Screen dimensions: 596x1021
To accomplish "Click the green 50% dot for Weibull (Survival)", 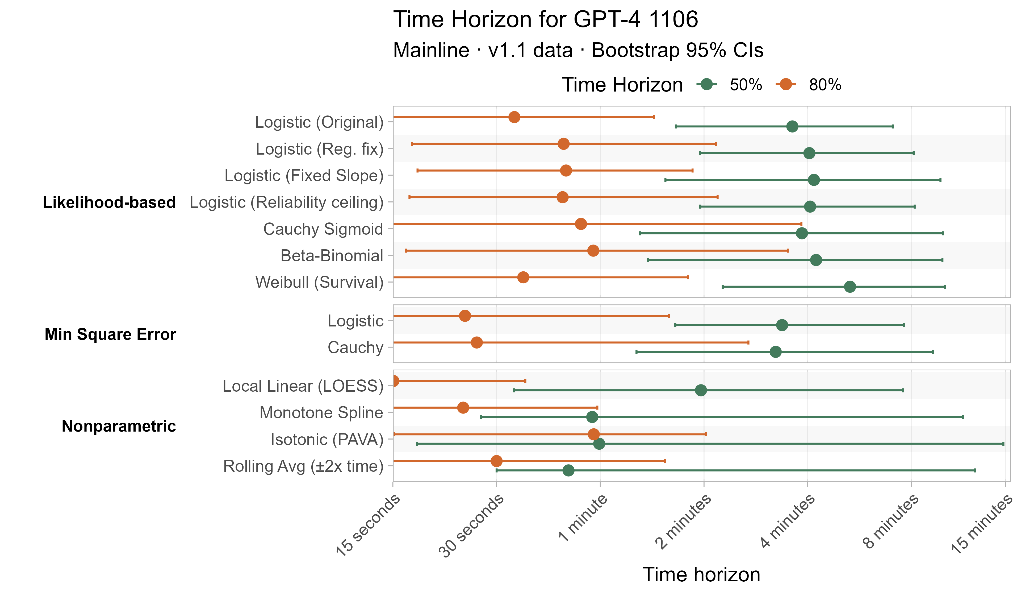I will coord(850,287).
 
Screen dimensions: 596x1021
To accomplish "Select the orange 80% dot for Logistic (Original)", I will coord(514,117).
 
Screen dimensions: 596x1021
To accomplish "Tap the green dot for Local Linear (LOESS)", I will coord(701,390).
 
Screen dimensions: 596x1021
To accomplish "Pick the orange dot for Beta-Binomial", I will coord(593,251).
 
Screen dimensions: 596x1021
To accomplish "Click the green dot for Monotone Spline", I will coord(592,417).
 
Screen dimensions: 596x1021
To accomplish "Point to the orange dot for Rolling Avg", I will coord(496,461).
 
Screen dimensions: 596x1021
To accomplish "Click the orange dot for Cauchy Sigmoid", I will coord(581,224).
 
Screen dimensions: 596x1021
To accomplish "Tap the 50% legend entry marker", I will coord(707,85).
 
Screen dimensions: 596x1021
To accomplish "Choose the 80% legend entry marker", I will coord(786,85).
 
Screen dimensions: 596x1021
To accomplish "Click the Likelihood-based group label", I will coord(109,202).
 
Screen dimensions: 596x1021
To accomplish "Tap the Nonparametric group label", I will coord(119,426).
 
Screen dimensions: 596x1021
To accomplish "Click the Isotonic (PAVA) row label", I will coord(327,440).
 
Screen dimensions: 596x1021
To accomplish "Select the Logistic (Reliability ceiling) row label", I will coord(286,202).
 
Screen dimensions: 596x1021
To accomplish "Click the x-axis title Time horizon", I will coord(701,574).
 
